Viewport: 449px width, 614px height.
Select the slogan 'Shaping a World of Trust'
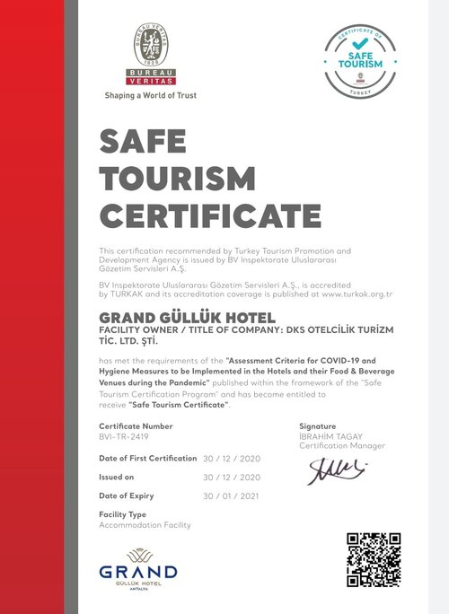point(151,95)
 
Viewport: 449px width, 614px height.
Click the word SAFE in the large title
point(143,141)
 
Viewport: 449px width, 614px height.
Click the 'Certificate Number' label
point(135,425)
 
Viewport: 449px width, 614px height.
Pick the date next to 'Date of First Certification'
point(232,458)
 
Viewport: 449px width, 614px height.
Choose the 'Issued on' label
point(117,477)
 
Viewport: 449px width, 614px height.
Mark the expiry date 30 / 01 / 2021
point(232,496)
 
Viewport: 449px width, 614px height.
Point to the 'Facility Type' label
point(122,515)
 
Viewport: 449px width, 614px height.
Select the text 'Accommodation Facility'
point(145,524)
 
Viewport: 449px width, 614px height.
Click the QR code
point(373,558)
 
